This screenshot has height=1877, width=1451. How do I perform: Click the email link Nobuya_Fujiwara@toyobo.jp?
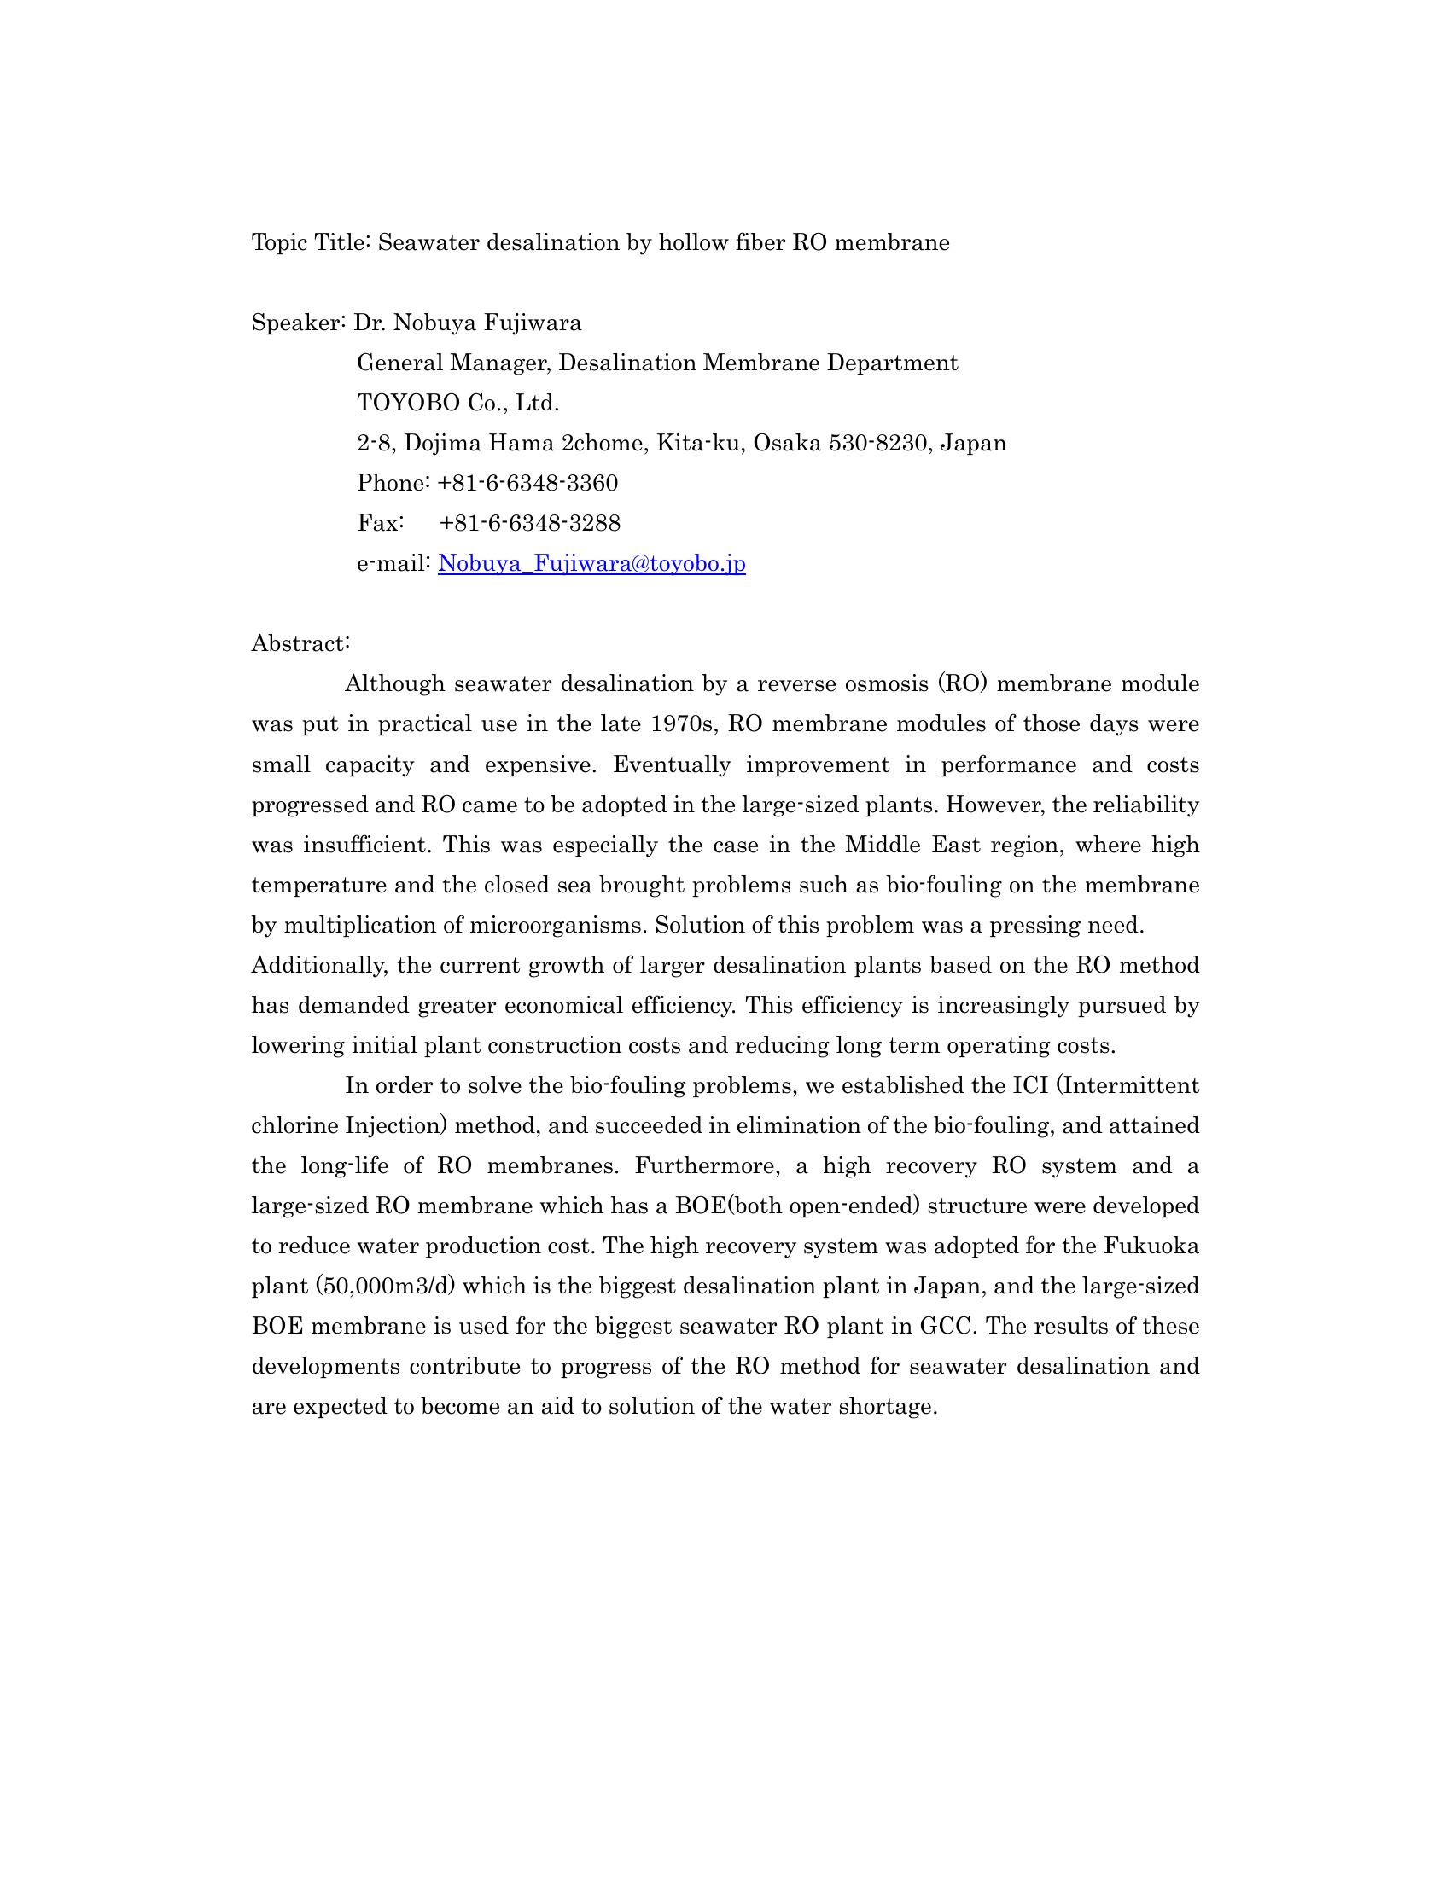click(591, 564)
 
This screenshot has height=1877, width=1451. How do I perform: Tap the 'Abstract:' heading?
click(300, 643)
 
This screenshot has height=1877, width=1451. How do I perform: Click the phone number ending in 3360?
click(527, 484)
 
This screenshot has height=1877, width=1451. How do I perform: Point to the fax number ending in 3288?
click(529, 523)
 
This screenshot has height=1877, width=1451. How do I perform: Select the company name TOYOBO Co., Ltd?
click(458, 403)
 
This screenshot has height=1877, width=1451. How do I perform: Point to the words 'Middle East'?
click(913, 845)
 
